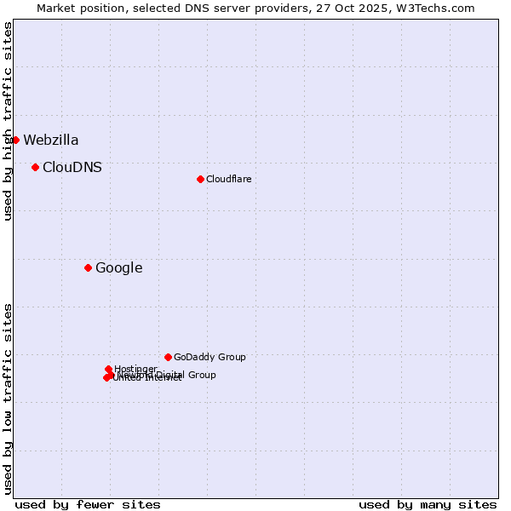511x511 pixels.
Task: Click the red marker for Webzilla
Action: (15, 140)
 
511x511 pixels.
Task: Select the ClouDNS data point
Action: (35, 167)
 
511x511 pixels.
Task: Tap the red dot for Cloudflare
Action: (200, 179)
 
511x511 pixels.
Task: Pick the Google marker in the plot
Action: (88, 267)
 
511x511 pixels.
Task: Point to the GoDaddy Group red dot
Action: (168, 357)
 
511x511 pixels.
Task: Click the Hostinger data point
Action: (109, 369)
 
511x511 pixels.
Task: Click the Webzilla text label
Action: (51, 141)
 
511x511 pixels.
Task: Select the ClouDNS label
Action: (72, 168)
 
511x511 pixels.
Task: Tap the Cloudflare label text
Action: (228, 179)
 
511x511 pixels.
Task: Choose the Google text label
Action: (118, 268)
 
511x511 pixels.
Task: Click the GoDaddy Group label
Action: (210, 357)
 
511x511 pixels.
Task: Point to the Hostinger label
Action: (136, 368)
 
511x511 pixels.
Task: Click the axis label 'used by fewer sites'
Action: (88, 504)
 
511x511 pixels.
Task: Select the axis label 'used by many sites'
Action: (428, 504)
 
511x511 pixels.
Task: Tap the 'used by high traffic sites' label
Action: (8, 121)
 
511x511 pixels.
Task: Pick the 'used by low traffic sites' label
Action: (8, 399)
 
